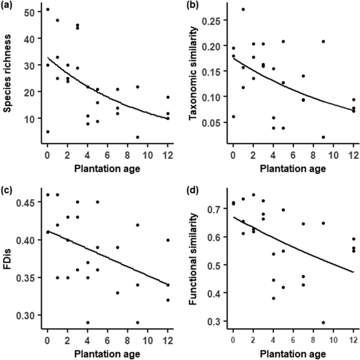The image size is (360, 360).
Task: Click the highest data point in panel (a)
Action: pos(47,9)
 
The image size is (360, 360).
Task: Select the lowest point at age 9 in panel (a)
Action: pos(137,137)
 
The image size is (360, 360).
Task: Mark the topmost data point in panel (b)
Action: pos(243,9)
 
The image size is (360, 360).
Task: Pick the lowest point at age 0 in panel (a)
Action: pos(47,132)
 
